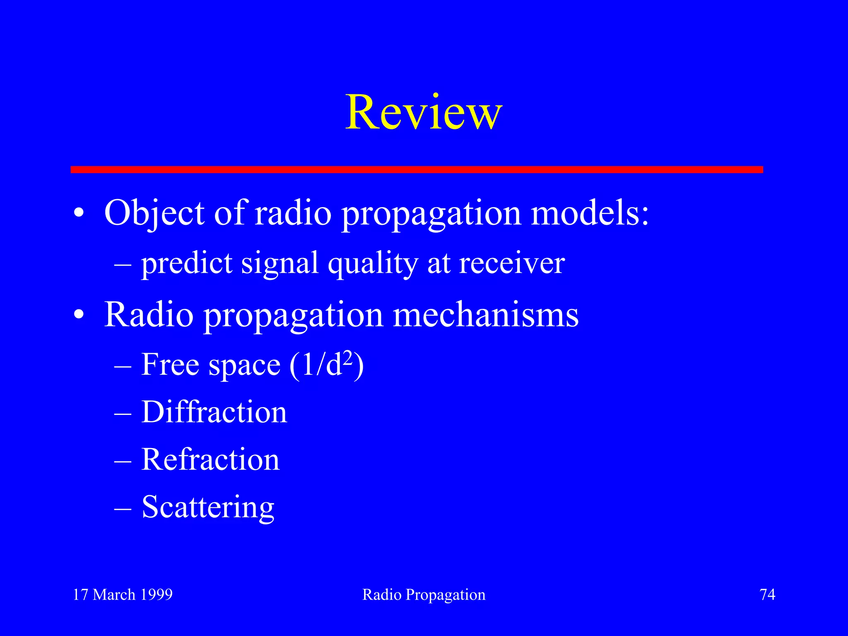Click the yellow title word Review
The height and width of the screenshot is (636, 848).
point(424,113)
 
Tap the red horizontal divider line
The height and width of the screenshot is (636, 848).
point(417,169)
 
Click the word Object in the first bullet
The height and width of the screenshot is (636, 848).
point(154,213)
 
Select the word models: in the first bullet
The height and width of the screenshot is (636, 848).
point(590,213)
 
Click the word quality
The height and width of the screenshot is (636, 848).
point(373,264)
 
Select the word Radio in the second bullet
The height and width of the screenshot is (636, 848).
point(149,315)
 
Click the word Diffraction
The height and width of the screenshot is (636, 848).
point(214,412)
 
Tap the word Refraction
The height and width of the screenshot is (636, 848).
point(210,460)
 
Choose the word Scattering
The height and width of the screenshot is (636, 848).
point(208,507)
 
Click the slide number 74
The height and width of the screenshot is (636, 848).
point(767,595)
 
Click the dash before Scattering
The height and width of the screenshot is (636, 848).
point(123,508)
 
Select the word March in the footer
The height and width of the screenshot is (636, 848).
point(114,595)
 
